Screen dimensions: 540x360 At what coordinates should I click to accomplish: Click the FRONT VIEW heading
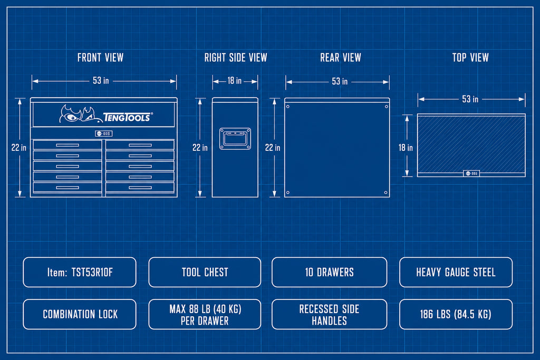[x=100, y=57]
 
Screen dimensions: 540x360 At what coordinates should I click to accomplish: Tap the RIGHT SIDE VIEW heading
[x=236, y=57]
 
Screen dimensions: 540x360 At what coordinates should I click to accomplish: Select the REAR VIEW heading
[x=341, y=57]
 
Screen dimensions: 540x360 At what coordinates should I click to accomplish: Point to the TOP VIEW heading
[x=470, y=57]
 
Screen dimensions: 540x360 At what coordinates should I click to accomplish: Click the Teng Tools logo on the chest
[x=106, y=114]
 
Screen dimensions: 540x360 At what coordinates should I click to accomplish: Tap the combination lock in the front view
[x=104, y=133]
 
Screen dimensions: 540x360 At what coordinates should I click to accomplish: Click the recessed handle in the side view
[x=235, y=139]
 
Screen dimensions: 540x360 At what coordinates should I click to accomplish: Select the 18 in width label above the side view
[x=235, y=81]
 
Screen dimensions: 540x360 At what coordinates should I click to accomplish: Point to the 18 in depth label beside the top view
[x=406, y=148]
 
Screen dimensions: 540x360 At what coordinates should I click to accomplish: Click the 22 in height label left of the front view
[x=18, y=148]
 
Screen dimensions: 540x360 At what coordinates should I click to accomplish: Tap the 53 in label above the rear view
[x=340, y=81]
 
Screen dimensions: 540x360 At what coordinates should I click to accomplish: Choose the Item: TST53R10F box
[x=80, y=272]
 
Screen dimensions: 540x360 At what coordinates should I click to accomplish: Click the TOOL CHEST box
[x=205, y=272]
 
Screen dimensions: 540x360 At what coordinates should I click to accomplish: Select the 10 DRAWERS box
[x=329, y=272]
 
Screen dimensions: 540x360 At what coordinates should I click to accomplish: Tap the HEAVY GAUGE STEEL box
[x=456, y=272]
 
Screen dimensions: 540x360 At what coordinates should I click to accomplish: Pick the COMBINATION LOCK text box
[x=80, y=314]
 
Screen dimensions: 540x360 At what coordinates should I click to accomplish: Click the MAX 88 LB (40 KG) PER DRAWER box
[x=205, y=314]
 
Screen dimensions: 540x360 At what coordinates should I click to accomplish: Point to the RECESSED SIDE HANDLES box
[x=329, y=314]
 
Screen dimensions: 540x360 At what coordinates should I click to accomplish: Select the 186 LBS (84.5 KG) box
[x=456, y=314]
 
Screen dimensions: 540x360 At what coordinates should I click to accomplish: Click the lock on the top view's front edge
[x=471, y=173]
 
